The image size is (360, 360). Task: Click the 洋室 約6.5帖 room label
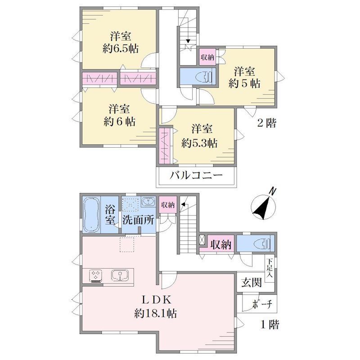(121, 42)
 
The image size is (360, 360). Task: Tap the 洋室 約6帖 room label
(119, 115)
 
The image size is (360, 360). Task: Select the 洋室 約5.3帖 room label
(199, 136)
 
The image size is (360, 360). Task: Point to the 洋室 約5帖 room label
(244, 77)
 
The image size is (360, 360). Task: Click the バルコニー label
(196, 176)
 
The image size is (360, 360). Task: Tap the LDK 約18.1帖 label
(156, 306)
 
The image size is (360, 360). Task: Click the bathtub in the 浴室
(91, 215)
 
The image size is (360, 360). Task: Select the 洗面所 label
(138, 220)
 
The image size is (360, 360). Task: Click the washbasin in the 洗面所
(148, 202)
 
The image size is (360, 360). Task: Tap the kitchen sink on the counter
(120, 275)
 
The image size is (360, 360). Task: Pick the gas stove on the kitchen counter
(96, 276)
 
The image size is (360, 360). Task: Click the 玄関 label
(252, 283)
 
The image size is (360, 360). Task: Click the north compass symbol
(264, 205)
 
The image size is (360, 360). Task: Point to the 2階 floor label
(266, 123)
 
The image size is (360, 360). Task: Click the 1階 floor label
(270, 324)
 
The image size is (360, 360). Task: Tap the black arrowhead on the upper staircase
(188, 41)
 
